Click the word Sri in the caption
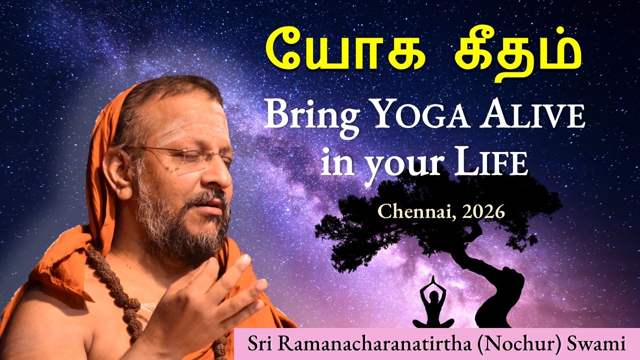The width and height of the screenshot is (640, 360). (x=258, y=344)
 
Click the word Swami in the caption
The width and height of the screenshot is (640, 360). (x=598, y=344)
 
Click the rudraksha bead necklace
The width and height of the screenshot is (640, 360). (x=117, y=290)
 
